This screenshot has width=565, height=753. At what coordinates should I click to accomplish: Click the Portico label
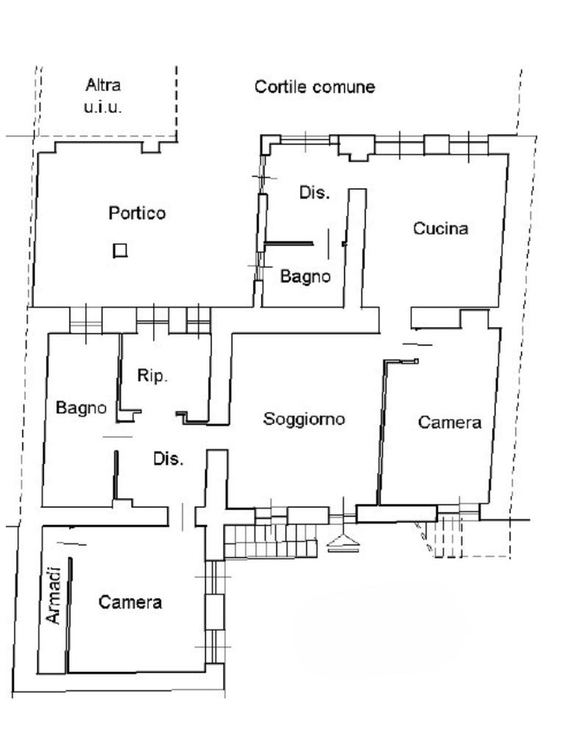tap(137, 213)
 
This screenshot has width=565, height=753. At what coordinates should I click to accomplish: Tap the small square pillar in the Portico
tap(120, 251)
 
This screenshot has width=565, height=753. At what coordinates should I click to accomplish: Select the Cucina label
tap(441, 228)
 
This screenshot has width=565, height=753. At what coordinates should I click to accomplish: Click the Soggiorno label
tap(304, 418)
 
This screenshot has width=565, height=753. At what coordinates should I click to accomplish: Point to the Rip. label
tap(152, 376)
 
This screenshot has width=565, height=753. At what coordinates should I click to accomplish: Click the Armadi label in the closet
tap(54, 596)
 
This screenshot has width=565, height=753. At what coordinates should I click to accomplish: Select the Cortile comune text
tap(315, 87)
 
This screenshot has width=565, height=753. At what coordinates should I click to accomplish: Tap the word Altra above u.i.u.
tap(103, 85)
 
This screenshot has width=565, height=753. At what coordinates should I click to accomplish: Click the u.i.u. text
tap(103, 107)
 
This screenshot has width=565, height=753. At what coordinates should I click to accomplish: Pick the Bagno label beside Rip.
tap(81, 407)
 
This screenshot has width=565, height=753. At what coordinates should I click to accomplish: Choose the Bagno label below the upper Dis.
tap(305, 276)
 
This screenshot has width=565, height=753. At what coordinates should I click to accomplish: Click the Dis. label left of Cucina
tap(315, 193)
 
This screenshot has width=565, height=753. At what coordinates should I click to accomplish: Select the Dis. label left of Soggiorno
tap(168, 459)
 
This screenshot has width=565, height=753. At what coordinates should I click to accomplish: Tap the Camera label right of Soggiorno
tap(449, 422)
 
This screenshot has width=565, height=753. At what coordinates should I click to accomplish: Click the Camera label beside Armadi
tap(129, 602)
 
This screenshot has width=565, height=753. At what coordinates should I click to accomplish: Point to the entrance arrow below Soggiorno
tap(343, 542)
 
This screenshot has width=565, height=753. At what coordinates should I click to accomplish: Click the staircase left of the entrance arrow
tap(271, 541)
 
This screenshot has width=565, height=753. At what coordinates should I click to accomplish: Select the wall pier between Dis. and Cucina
tap(356, 248)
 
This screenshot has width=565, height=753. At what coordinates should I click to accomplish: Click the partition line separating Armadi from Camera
tap(68, 615)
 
